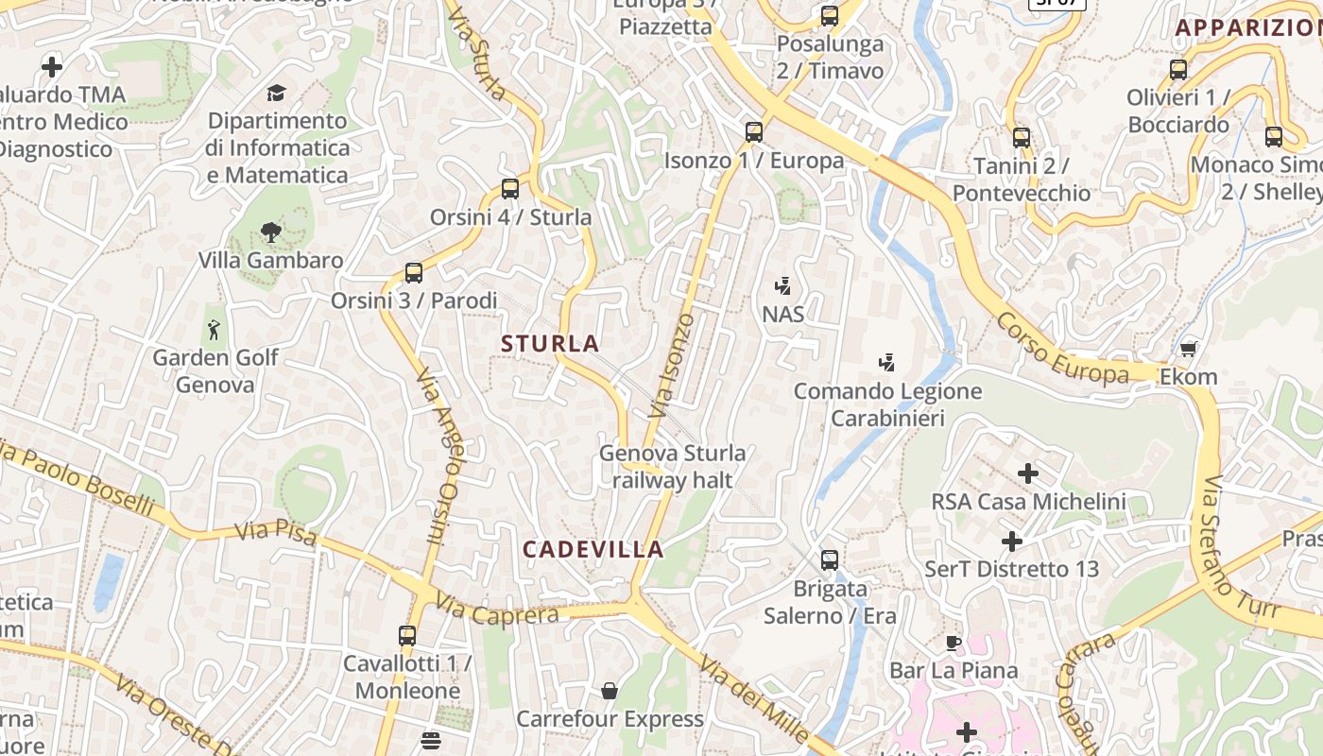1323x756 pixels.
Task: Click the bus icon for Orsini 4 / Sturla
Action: click(x=510, y=189)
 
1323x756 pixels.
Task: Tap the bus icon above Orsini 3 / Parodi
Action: click(x=413, y=273)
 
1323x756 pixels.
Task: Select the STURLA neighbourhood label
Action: click(x=551, y=343)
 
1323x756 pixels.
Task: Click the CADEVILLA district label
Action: click(x=593, y=549)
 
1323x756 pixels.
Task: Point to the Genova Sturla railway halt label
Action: click(x=672, y=467)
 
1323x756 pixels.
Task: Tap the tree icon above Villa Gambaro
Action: click(x=271, y=232)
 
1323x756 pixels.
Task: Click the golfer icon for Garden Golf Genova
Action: click(x=215, y=330)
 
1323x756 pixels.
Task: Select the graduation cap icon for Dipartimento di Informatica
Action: click(x=276, y=93)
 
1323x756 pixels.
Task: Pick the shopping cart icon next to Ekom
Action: click(x=1189, y=349)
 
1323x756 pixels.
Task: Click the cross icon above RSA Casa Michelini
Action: click(x=1028, y=472)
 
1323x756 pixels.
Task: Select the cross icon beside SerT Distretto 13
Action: click(x=1012, y=541)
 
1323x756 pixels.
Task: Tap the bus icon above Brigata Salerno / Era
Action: click(x=830, y=560)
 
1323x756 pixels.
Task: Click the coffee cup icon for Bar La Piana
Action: click(x=954, y=644)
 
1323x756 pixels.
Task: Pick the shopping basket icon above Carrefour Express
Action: click(x=610, y=692)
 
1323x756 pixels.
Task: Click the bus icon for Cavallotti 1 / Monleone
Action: click(x=407, y=636)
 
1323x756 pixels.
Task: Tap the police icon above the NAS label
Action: click(x=782, y=285)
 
